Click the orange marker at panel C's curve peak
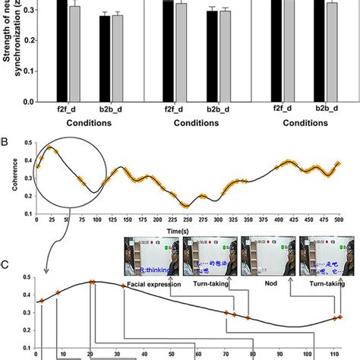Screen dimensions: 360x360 (92, 283)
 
